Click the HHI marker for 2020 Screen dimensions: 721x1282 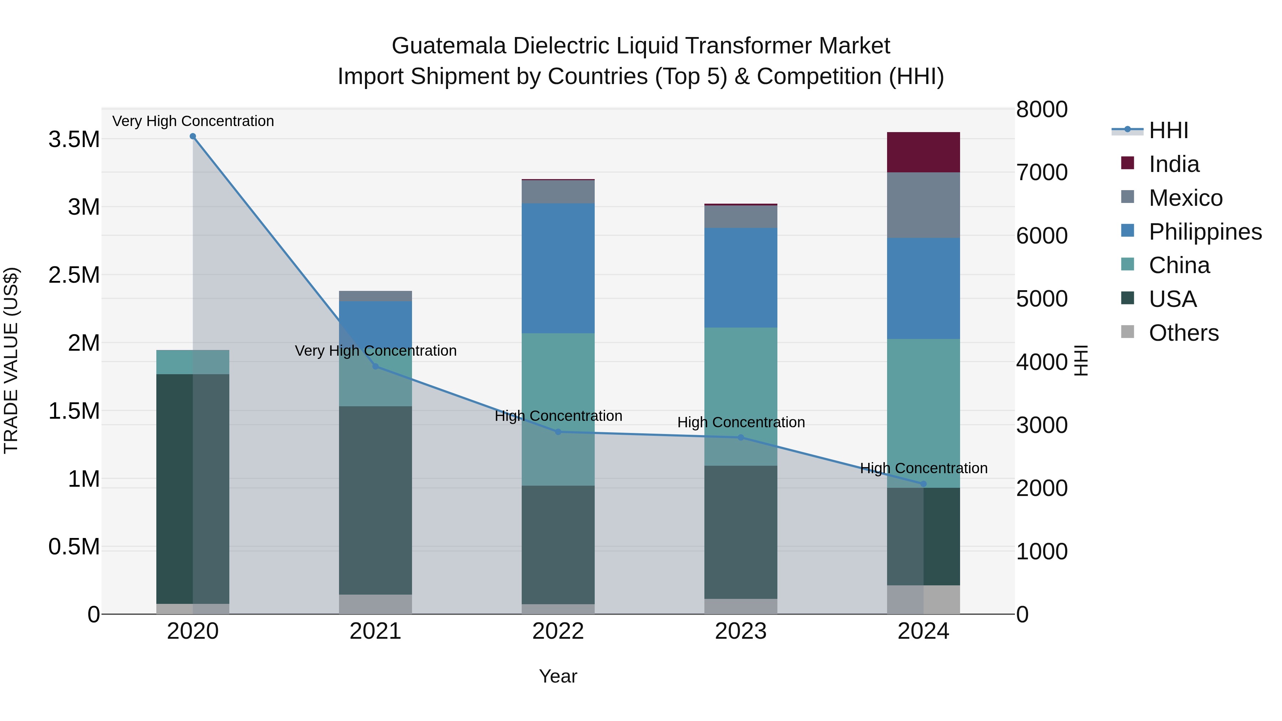(193, 136)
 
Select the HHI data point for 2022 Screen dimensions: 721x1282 (558, 432)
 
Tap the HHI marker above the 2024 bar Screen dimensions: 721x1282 (923, 484)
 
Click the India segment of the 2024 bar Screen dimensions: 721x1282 (923, 152)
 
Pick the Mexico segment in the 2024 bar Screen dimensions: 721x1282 (923, 205)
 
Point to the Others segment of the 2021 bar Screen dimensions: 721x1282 (375, 604)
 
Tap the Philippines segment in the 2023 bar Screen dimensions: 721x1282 (741, 278)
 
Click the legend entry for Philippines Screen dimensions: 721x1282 (1205, 232)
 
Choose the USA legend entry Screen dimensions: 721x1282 (1172, 299)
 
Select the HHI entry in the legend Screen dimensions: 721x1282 (1168, 130)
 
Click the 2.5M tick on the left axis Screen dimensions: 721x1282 (74, 275)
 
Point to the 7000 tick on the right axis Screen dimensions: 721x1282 (1042, 173)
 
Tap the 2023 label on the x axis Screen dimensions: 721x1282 (741, 631)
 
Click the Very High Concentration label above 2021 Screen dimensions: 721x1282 (375, 351)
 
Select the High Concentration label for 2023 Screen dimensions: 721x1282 (741, 422)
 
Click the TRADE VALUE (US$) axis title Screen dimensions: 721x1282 (11, 361)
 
